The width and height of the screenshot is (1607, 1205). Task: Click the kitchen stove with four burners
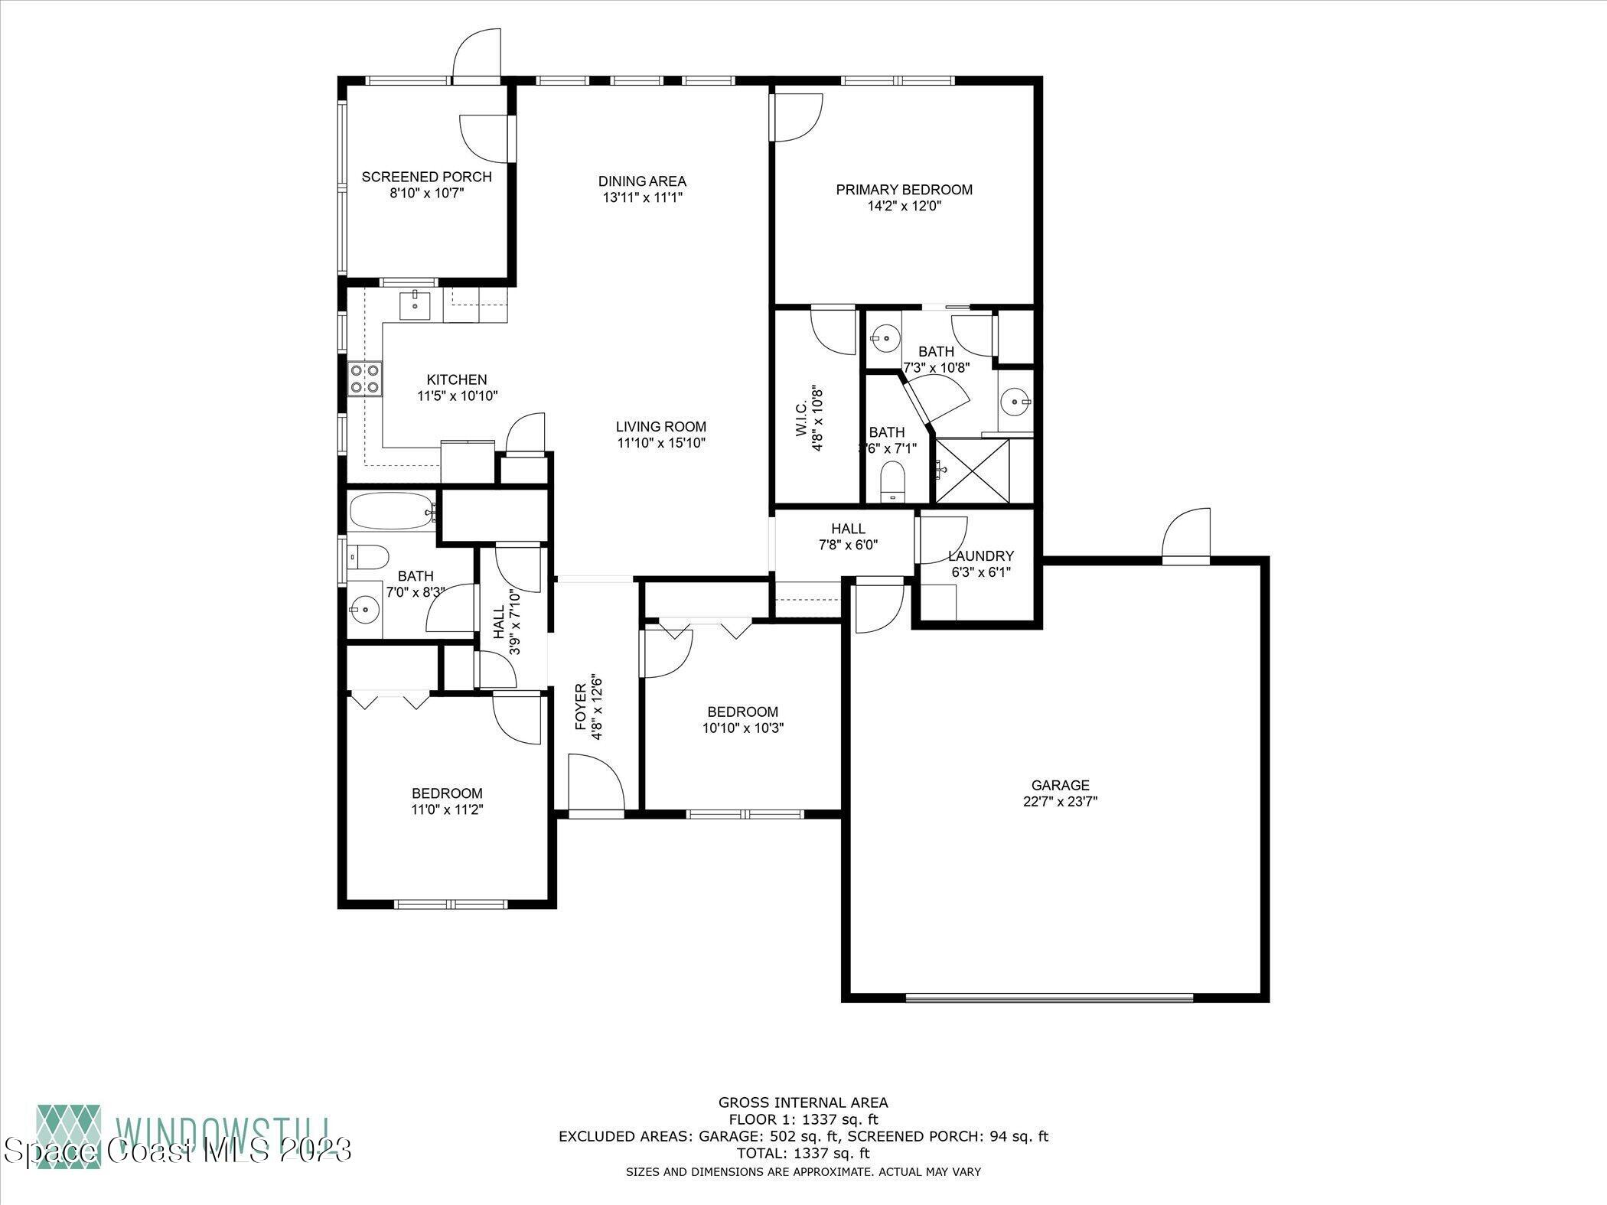pos(365,379)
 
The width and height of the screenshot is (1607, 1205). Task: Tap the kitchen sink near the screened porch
pos(415,305)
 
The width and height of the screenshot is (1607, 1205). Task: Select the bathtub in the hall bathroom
pos(393,511)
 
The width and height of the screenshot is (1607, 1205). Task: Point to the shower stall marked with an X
pos(973,471)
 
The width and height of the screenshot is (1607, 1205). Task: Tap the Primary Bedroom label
pos(904,190)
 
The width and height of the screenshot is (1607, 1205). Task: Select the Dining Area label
pos(642,181)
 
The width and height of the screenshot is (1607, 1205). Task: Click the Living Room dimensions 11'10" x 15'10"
pos(660,443)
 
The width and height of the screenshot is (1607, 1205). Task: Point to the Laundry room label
pos(980,556)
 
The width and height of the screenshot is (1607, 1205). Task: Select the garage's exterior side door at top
pos(1186,536)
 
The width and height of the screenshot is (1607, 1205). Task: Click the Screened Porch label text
pos(426,177)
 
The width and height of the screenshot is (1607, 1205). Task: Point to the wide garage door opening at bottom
pos(1048,998)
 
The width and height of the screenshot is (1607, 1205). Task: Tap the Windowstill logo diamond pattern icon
pos(68,1136)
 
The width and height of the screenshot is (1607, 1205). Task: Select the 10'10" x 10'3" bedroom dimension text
pos(743,728)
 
